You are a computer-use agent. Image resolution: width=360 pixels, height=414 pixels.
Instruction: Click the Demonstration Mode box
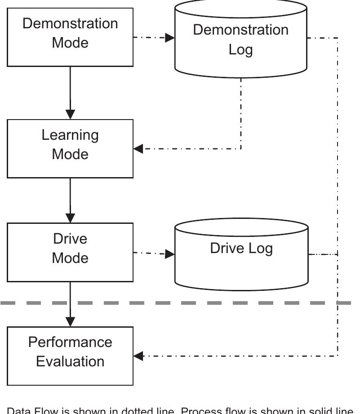[x=70, y=37]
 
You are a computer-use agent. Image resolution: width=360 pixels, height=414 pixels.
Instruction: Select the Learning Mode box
[x=70, y=148]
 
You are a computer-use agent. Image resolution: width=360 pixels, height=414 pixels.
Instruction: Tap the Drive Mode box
[x=70, y=252]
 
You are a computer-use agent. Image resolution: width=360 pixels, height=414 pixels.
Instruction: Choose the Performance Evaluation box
[x=70, y=356]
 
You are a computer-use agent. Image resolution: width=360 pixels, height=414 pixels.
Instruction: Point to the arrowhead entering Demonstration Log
[x=170, y=37]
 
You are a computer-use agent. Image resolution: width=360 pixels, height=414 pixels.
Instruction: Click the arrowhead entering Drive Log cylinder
[x=170, y=254]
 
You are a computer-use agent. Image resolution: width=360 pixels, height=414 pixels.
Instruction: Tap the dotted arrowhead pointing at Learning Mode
[x=138, y=149]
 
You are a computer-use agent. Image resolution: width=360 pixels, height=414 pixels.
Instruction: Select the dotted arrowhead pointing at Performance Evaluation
[x=138, y=356]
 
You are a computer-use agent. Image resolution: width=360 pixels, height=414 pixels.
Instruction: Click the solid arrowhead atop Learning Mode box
[x=70, y=114]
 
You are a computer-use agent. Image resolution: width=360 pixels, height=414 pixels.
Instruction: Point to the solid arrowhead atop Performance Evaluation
[x=70, y=321]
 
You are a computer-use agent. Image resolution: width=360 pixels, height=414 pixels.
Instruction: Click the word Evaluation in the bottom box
[x=70, y=361]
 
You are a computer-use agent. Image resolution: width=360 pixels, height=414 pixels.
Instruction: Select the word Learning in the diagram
[x=70, y=135]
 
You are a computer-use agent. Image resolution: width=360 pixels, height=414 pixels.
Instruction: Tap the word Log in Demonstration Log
[x=240, y=49]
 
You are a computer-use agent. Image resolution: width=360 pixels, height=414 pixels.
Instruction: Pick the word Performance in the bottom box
[x=70, y=342]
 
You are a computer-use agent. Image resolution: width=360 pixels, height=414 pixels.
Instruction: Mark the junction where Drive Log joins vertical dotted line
[x=338, y=254]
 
